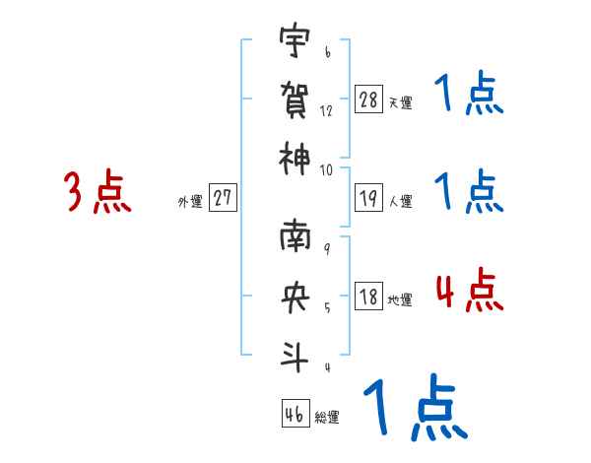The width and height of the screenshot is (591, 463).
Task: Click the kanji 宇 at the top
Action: pos(294,42)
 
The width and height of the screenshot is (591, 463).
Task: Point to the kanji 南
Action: pos(294,239)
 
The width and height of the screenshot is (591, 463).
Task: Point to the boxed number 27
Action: pos(223,198)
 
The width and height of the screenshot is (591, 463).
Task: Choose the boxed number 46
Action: pos(294,414)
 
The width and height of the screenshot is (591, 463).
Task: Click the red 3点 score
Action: pos(97,191)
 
